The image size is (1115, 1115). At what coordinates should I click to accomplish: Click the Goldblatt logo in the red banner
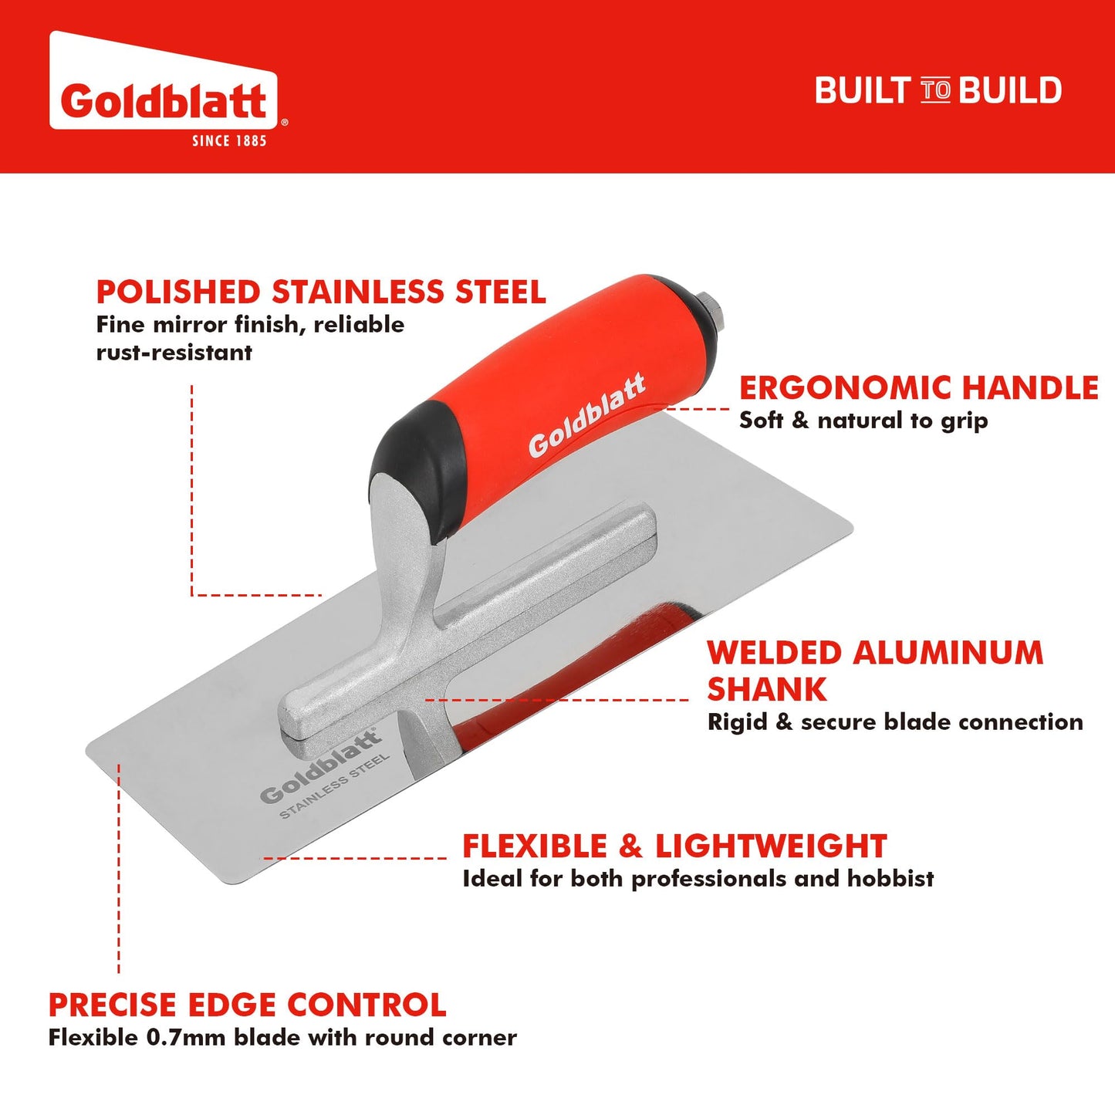click(x=164, y=100)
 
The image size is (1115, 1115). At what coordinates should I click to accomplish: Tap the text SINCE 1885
click(x=229, y=140)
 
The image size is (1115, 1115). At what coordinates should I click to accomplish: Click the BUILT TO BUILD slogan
click(x=938, y=90)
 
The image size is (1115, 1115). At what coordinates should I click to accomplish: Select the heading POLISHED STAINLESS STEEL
click(x=321, y=292)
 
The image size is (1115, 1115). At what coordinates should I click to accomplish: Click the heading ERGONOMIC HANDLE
click(x=918, y=387)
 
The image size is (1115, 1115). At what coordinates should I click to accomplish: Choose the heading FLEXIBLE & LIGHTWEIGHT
click(x=674, y=846)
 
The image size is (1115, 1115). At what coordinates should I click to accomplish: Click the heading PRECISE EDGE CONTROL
click(x=247, y=1005)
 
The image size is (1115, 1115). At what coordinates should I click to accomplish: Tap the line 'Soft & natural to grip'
click(x=863, y=421)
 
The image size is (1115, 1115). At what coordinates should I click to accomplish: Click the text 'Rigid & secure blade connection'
click(x=895, y=722)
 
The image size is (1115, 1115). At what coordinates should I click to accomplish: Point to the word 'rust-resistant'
click(x=174, y=353)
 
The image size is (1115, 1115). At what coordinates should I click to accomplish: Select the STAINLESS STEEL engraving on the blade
click(x=335, y=786)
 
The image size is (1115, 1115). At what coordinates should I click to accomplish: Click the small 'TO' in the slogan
click(x=935, y=90)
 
